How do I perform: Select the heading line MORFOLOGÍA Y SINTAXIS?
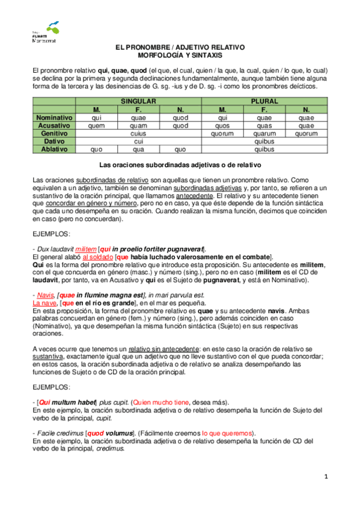coord(180,55)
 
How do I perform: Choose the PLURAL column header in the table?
coord(264,102)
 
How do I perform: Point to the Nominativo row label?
coord(54,117)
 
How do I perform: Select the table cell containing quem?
coord(96,126)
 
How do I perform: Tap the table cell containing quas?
coord(264,126)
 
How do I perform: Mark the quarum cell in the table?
coord(264,134)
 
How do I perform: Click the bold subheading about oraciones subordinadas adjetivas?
coord(180,164)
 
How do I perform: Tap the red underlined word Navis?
coord(43,295)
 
